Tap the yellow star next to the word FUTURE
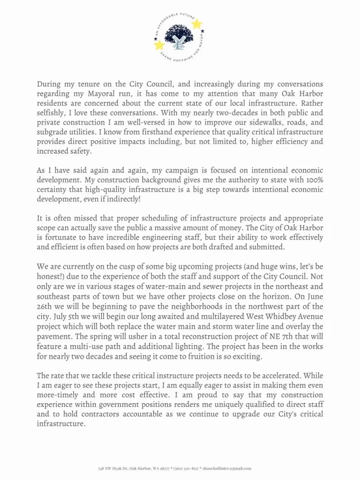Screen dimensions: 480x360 (196, 24)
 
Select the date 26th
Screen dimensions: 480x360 (46, 306)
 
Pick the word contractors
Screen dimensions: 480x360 (117, 414)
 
